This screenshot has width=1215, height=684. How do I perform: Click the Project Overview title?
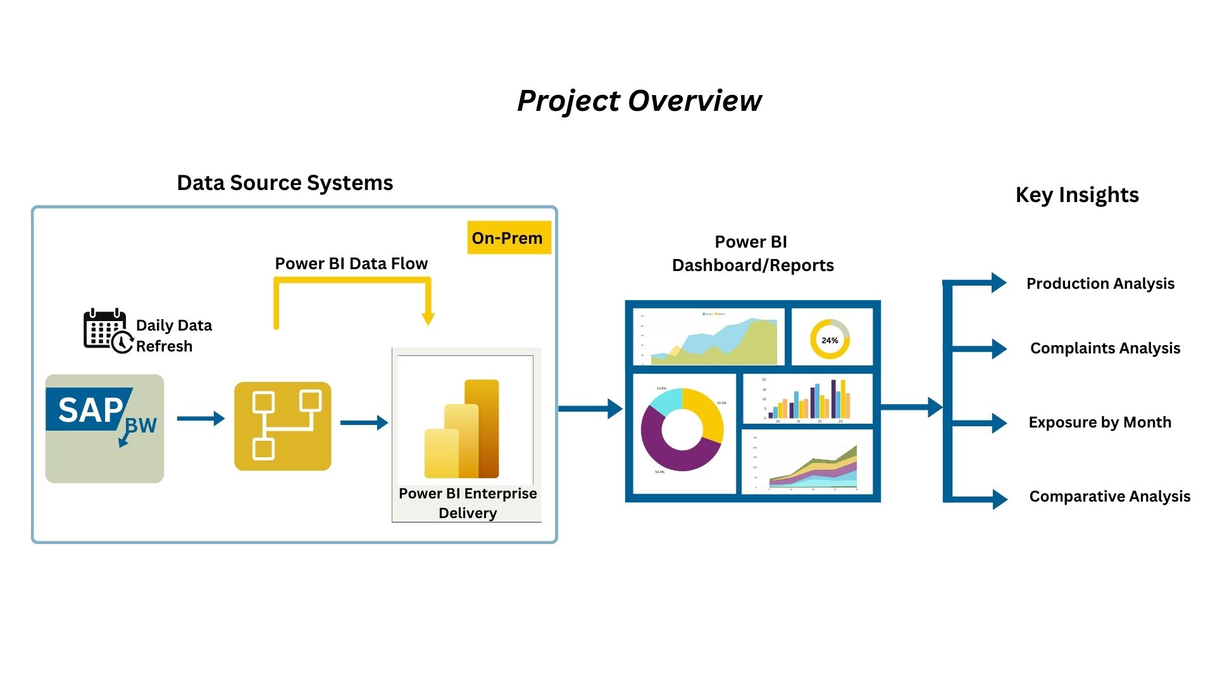pyautogui.click(x=639, y=101)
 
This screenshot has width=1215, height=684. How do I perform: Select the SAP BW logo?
pyautogui.click(x=104, y=427)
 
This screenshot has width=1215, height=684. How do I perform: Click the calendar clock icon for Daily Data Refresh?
pyautogui.click(x=108, y=331)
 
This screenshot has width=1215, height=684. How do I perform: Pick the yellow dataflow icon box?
pyautogui.click(x=282, y=426)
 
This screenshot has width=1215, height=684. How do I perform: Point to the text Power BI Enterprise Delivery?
pyautogui.click(x=467, y=503)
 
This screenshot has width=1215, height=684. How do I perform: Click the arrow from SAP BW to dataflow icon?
pyautogui.click(x=201, y=419)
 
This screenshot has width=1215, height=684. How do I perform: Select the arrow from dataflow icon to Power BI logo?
pyautogui.click(x=364, y=422)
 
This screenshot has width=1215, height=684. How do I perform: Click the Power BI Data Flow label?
pyautogui.click(x=351, y=263)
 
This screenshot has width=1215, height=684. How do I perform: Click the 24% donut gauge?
pyautogui.click(x=830, y=339)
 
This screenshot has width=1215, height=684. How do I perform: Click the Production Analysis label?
pyautogui.click(x=1100, y=284)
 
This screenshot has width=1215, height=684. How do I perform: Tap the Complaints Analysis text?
pyautogui.click(x=1105, y=348)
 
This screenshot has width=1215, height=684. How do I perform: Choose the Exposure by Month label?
pyautogui.click(x=1100, y=422)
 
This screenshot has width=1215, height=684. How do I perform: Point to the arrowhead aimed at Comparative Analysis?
pyautogui.click(x=1000, y=499)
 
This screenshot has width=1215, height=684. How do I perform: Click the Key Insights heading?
pyautogui.click(x=1077, y=195)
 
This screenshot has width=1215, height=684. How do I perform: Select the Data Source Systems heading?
pyautogui.click(x=285, y=183)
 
